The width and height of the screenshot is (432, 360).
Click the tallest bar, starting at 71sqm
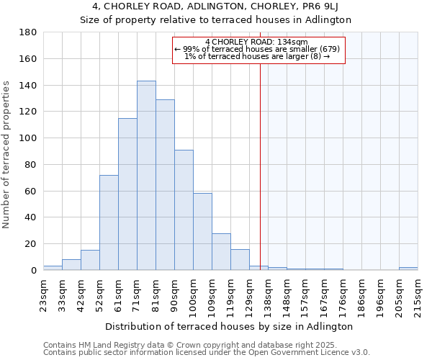[x=146, y=176]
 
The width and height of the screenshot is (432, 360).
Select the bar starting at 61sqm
[x=127, y=194]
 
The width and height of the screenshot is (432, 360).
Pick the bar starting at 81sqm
[x=165, y=185]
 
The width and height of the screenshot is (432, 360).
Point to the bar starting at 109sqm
[x=221, y=252]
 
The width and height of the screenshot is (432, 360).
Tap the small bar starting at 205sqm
[x=408, y=269]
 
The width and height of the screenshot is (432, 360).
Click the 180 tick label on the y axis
[x=28, y=32]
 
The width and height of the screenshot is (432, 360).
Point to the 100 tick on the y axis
[x=28, y=138]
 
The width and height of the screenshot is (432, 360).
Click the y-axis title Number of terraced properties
[x=6, y=155]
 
